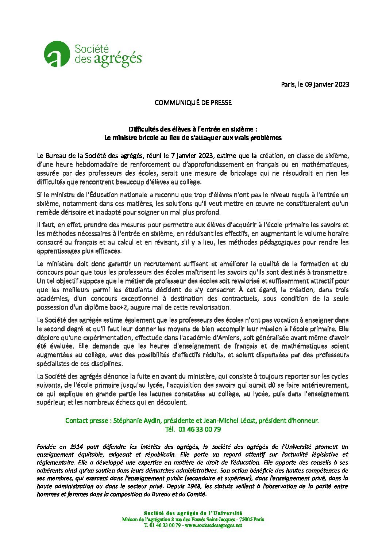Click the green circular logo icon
click(57, 54)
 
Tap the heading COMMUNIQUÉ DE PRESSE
click(193, 103)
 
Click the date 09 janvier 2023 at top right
click(327, 84)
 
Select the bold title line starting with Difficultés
click(193, 129)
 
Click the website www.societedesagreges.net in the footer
click(213, 525)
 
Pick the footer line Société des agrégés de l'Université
click(193, 513)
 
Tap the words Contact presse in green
click(86, 421)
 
